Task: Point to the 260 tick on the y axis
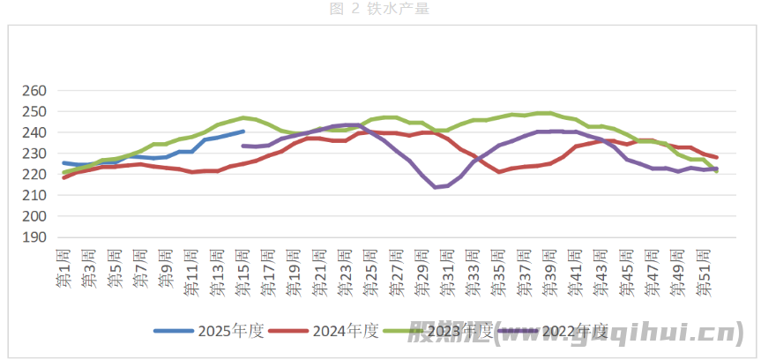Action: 33,91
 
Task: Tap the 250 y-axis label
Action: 33,112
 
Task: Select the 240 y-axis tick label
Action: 33,132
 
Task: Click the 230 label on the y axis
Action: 33,154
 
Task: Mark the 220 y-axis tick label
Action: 33,175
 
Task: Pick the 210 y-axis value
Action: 33,195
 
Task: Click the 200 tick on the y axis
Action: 33,216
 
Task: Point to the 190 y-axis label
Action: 33,237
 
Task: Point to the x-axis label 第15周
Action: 242,269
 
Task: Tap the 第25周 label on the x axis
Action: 371,269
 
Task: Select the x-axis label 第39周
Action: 550,269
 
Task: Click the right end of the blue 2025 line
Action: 243,131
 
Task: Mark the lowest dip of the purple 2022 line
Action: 436,187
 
